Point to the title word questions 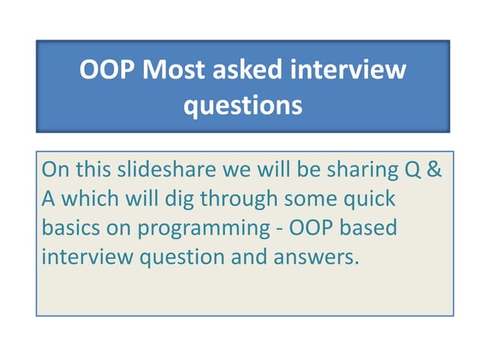coord(243,105)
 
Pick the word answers coord(319,257)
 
